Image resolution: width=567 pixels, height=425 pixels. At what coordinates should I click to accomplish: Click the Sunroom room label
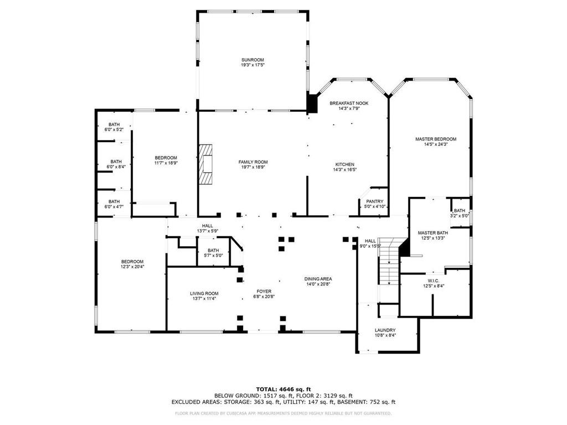click(252, 60)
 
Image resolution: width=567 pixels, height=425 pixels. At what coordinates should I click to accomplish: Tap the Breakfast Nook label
click(349, 103)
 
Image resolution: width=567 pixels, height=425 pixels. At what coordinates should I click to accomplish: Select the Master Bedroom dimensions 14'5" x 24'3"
click(436, 144)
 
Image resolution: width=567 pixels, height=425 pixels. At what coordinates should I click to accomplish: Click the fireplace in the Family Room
click(207, 164)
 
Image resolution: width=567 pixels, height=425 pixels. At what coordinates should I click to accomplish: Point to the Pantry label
click(374, 201)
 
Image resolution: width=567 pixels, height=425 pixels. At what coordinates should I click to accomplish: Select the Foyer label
click(264, 291)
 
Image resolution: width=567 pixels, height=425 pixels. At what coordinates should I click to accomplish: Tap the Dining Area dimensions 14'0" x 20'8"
click(318, 284)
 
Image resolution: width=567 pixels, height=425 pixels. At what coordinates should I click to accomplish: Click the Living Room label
click(204, 293)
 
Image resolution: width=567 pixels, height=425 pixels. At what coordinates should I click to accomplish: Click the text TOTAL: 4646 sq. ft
click(283, 389)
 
